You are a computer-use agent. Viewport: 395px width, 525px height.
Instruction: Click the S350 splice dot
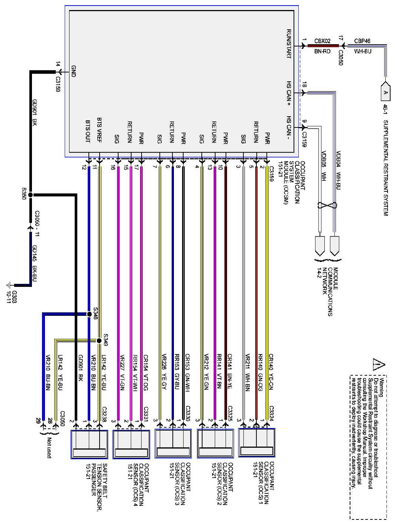tap(30, 194)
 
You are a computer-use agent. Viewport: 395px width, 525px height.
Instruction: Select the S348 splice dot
tap(89, 314)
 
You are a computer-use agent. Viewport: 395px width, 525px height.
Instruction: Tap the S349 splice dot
tap(99, 341)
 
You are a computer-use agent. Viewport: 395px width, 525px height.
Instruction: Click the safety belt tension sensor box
tap(89, 444)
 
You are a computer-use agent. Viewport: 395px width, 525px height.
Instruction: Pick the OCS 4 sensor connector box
tap(131, 444)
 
